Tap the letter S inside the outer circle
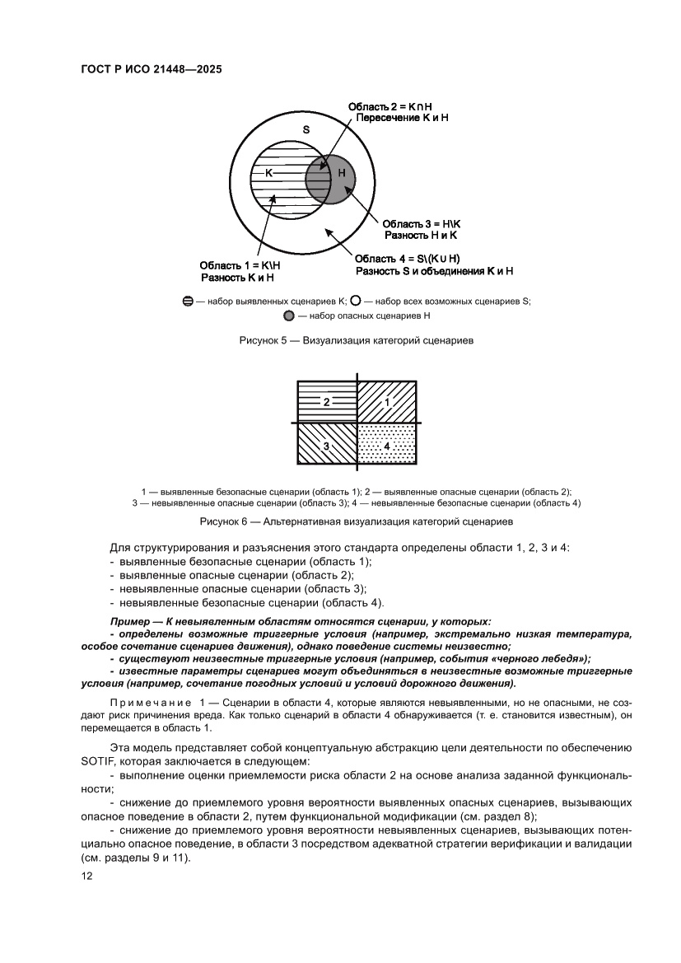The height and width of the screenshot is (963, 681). click(x=306, y=129)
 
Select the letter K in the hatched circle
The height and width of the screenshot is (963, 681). click(x=268, y=173)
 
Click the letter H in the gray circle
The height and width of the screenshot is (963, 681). click(x=341, y=173)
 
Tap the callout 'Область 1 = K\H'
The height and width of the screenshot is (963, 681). click(x=240, y=265)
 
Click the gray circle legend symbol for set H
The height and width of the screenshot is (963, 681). click(x=288, y=316)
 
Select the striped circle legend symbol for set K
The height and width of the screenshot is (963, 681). click(x=189, y=302)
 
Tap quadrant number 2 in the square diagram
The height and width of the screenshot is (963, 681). click(x=326, y=402)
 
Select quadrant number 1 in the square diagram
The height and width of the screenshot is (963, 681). click(x=388, y=402)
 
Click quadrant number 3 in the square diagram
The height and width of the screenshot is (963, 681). click(x=326, y=446)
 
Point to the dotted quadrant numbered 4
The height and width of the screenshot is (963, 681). click(x=388, y=446)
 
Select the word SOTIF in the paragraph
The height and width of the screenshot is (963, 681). click(x=96, y=761)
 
